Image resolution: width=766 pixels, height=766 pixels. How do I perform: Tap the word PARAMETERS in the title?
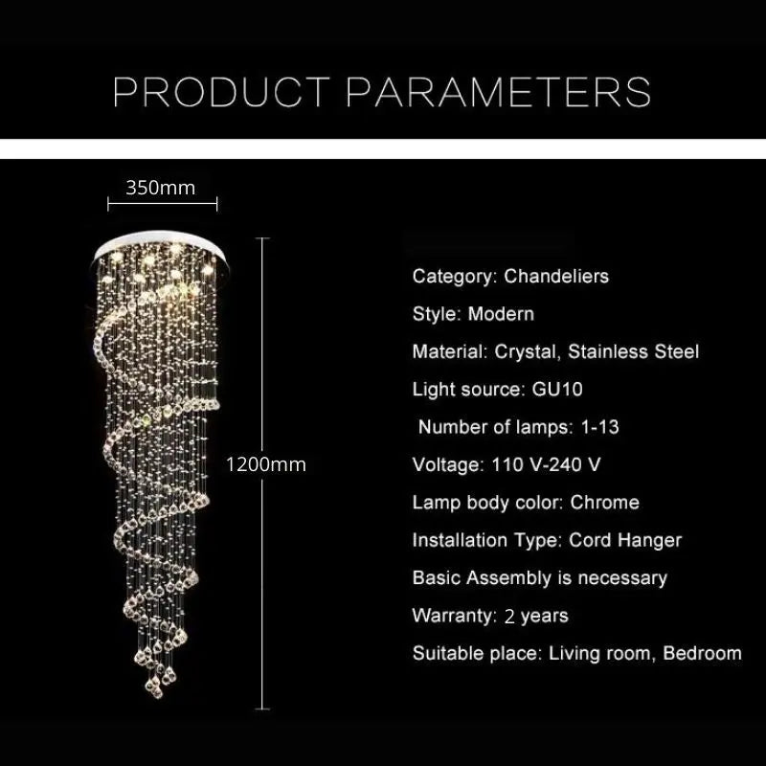(498, 92)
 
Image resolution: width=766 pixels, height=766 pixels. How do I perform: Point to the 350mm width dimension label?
(160, 188)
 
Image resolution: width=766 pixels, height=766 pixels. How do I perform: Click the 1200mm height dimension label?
(266, 465)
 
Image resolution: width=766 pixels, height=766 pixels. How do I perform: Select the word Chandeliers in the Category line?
(556, 277)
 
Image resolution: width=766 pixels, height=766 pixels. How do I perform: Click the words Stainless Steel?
(633, 351)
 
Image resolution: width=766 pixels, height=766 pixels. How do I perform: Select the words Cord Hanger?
(625, 540)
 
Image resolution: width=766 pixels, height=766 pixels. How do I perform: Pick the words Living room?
(589, 654)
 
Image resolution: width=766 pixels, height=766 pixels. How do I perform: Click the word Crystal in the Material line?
(525, 351)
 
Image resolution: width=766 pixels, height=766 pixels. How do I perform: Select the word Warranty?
(452, 616)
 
